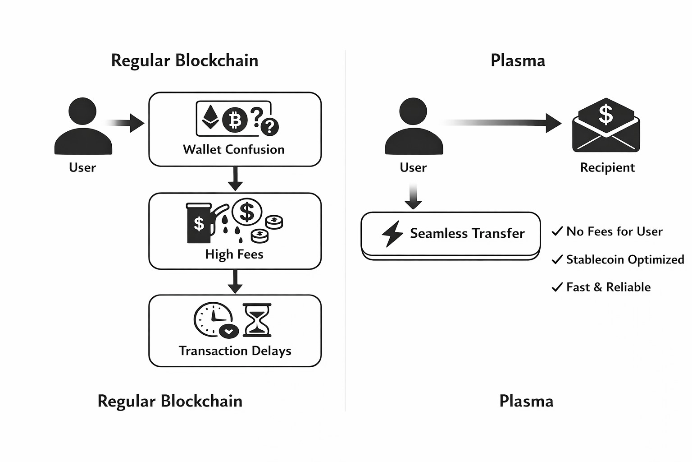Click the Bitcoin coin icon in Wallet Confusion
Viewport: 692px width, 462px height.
pos(235,120)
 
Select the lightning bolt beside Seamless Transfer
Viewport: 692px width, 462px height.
pos(392,233)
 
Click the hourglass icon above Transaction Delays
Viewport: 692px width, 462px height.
pos(257,320)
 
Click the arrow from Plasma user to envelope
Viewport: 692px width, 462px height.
pos(505,123)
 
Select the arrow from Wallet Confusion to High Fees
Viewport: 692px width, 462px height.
pos(235,179)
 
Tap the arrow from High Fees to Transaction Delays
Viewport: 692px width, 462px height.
pos(235,282)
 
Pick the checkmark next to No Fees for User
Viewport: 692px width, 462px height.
pos(557,231)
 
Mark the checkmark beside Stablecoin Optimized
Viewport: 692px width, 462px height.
pos(557,259)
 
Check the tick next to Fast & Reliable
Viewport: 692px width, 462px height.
pos(557,287)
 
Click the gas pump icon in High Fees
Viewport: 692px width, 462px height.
pos(200,223)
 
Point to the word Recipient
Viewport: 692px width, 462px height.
pos(607,167)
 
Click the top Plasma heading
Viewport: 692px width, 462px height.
pos(518,60)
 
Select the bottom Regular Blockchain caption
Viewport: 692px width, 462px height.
pos(170,401)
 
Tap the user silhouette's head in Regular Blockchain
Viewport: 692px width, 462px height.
pos(82,111)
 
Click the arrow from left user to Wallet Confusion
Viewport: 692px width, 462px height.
pos(126,123)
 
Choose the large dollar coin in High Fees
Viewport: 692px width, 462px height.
pos(247,212)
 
